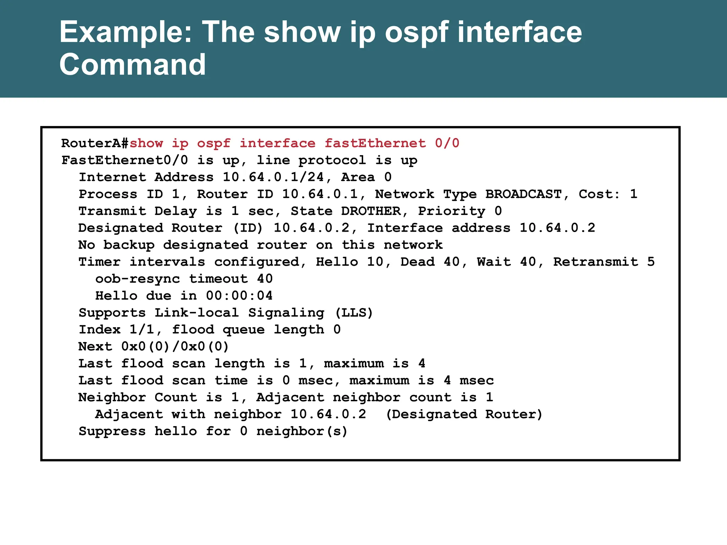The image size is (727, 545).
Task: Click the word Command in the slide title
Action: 132,64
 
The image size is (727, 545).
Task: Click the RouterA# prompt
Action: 95,143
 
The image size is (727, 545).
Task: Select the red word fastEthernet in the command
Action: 375,143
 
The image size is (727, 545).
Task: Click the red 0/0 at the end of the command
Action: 447,143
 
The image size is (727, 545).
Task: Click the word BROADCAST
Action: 524,194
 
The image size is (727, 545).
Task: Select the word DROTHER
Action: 371,211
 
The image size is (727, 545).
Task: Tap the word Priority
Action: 452,211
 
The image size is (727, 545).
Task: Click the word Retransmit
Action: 596,262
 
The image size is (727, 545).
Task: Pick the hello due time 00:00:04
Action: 239,296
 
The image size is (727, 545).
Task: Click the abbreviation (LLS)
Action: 354,313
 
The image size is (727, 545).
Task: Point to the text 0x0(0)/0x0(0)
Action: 175,346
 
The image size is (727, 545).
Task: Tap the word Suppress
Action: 112,431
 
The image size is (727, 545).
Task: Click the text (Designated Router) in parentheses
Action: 464,414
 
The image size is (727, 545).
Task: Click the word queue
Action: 244,330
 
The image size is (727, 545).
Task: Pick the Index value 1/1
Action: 142,330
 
